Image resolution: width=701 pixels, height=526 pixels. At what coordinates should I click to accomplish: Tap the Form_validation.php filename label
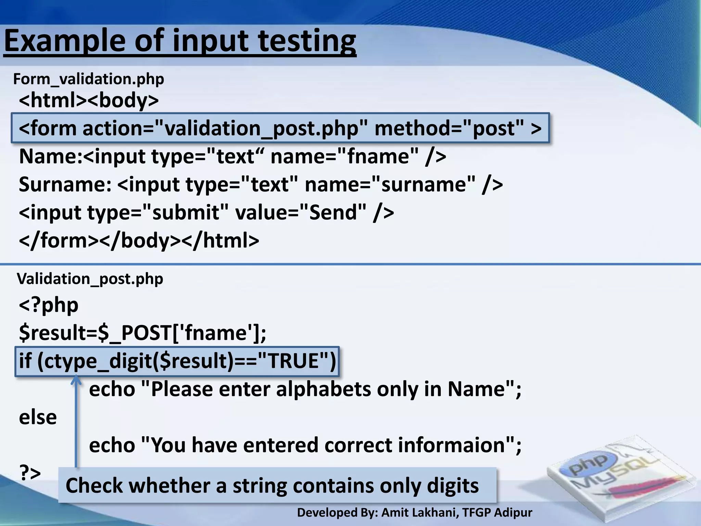[x=89, y=79]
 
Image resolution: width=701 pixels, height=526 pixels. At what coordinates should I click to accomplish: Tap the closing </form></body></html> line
[x=139, y=241]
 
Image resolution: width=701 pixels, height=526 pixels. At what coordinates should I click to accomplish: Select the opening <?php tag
[x=49, y=305]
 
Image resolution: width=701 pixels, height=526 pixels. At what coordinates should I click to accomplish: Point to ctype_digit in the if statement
[x=97, y=361]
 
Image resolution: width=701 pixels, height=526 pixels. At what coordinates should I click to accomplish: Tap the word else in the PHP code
[x=38, y=417]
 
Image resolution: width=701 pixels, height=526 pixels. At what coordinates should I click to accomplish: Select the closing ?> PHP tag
[x=30, y=473]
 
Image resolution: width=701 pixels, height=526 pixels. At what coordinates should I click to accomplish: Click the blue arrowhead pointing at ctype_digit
[x=76, y=380]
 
